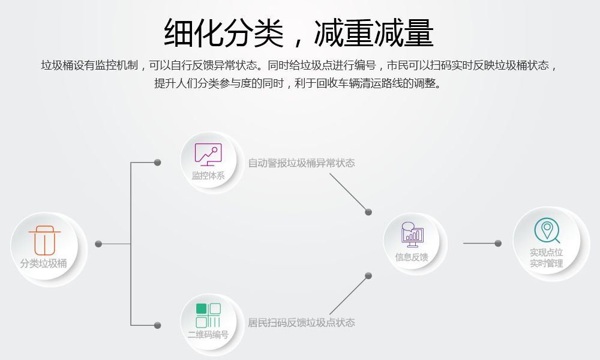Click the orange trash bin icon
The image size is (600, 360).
pos(45,240)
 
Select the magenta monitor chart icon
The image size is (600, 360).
pos(208,154)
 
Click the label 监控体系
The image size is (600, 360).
pos(208,176)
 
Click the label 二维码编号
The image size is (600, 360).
pos(208,335)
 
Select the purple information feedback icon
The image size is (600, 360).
pos(412,235)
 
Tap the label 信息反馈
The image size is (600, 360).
pos(412,257)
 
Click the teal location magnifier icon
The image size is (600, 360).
pos(547,230)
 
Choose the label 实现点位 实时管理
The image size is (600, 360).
pos(547,258)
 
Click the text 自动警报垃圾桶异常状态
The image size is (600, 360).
pos(302,163)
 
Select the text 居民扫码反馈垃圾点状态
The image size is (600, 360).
pos(302,323)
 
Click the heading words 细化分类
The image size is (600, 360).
pos(223,33)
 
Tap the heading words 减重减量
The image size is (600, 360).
pos(374,33)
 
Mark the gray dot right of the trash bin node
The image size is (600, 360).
pos(98,244)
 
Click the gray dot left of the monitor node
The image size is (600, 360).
pos(158,163)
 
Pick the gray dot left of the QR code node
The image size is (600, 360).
pos(158,325)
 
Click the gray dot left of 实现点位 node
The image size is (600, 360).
pos(498,243)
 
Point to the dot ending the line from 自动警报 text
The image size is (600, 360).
pos(368,212)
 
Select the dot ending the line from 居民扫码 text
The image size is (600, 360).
pos(368,275)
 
